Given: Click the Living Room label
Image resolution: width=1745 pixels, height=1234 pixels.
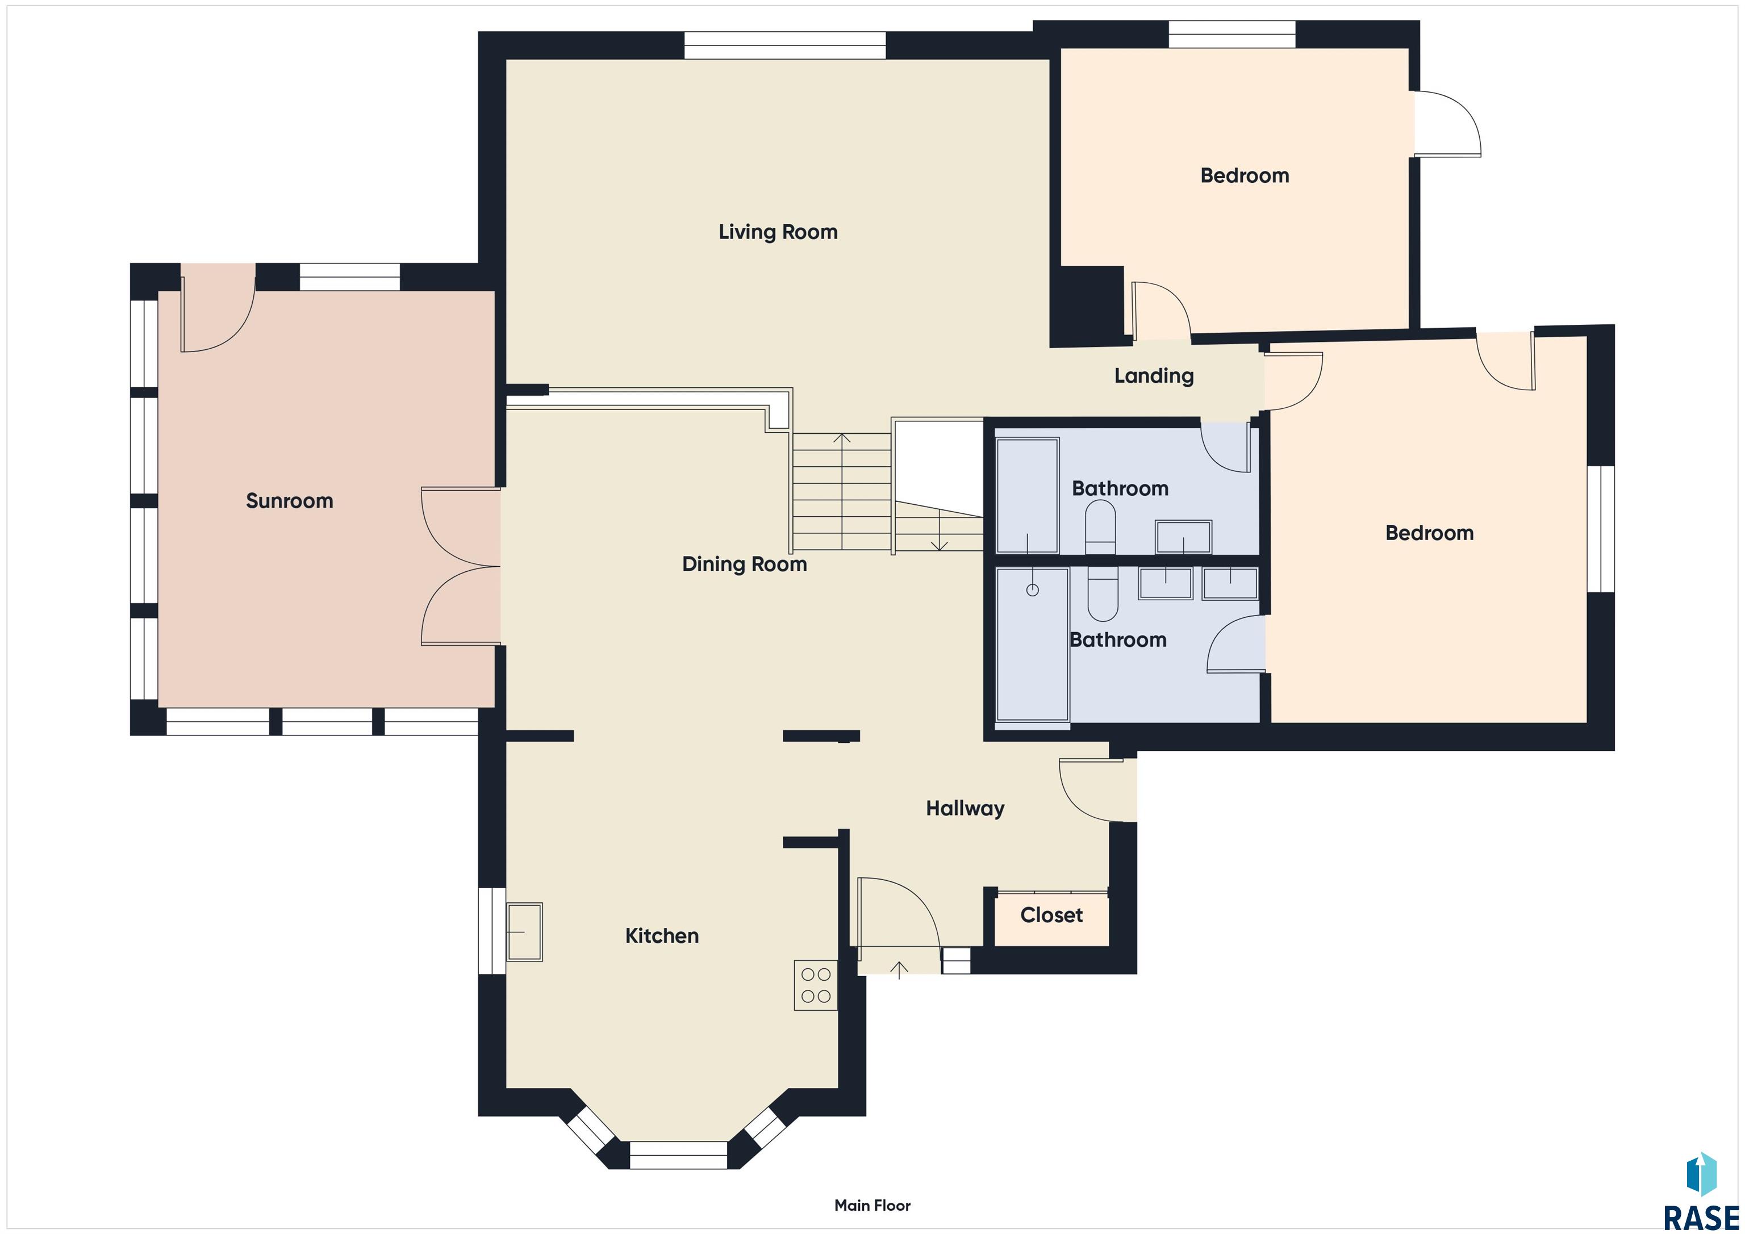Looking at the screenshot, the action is click(x=778, y=232).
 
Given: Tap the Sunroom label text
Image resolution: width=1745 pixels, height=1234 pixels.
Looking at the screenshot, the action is click(x=290, y=501).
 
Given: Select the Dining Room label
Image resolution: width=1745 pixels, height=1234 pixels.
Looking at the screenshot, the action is click(x=744, y=564).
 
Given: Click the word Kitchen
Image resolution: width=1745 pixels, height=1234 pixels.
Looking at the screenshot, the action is click(x=662, y=935).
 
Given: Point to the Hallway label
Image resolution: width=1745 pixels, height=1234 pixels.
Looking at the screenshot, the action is click(x=965, y=809).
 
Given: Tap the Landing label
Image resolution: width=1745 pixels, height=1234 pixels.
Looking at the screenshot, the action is click(x=1154, y=375).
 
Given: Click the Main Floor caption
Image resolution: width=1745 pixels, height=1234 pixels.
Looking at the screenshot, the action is click(x=872, y=1205).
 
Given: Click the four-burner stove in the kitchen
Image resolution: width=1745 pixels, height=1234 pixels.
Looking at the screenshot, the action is click(x=816, y=985).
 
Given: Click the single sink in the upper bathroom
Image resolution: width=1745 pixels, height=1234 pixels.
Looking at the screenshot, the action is click(x=1183, y=537).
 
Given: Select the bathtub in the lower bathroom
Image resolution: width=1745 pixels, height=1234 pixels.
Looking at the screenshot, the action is click(x=1033, y=645).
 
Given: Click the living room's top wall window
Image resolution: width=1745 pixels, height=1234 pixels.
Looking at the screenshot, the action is click(x=785, y=45).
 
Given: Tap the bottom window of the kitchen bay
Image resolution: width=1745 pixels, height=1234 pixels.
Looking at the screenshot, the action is click(x=679, y=1155).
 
